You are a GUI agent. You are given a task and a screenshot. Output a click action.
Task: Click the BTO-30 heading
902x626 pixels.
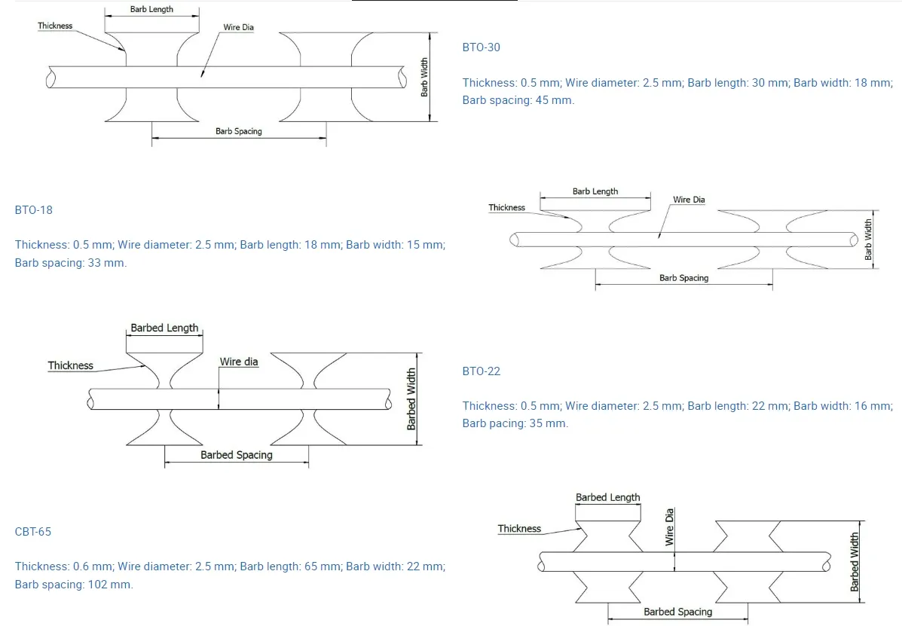[481, 47]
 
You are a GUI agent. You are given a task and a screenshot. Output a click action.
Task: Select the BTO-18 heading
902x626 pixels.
[33, 210]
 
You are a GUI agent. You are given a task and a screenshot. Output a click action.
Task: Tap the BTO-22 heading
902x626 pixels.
[481, 371]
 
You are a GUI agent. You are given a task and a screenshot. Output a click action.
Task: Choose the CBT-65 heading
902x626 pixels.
[33, 532]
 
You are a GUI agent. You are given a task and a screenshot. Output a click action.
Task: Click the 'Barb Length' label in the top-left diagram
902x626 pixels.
[151, 9]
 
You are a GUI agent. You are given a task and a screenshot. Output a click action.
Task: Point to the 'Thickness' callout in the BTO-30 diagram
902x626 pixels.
[55, 26]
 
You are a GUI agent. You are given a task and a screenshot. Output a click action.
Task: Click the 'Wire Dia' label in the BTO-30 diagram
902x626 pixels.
[238, 27]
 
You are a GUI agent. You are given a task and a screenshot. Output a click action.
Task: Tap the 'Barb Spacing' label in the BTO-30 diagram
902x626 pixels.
[239, 131]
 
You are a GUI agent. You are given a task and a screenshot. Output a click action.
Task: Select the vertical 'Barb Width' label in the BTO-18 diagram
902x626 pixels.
[868, 239]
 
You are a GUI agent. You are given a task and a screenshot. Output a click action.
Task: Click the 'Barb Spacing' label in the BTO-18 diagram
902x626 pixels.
[683, 278]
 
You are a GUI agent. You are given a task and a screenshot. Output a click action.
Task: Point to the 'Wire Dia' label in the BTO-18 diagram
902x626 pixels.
[689, 200]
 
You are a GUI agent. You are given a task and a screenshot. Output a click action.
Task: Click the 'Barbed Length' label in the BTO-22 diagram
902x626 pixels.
[164, 328]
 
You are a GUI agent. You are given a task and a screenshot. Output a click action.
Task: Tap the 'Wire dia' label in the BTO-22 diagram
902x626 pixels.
[239, 362]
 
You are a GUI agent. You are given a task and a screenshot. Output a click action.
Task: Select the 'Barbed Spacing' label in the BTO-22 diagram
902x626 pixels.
[237, 455]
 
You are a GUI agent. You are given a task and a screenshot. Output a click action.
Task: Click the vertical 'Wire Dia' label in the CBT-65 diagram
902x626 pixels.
[669, 527]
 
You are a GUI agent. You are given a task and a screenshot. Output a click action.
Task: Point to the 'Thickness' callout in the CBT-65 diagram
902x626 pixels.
[519, 528]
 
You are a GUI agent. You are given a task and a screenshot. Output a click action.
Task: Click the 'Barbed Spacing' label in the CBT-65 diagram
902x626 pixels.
[677, 612]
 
